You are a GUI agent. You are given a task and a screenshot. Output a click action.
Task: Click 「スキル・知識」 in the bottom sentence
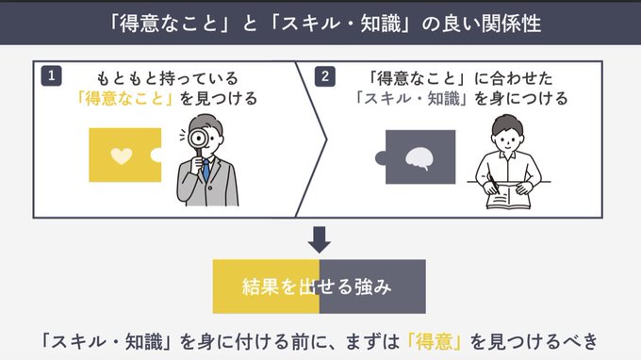pos(104,341)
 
